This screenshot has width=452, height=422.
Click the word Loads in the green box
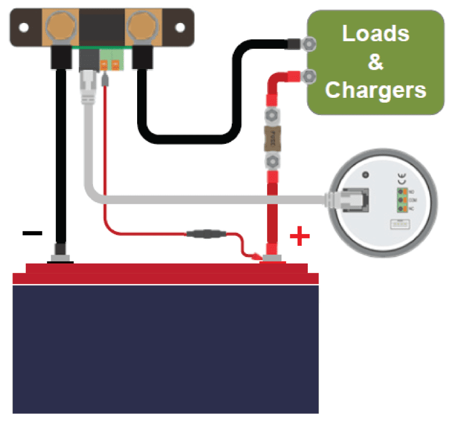(x=375, y=34)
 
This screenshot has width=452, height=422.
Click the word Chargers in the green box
(x=375, y=90)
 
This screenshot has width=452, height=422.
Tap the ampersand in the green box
(x=375, y=62)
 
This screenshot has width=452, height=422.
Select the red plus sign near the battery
(x=300, y=238)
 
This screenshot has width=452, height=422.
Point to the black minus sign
(x=32, y=233)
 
